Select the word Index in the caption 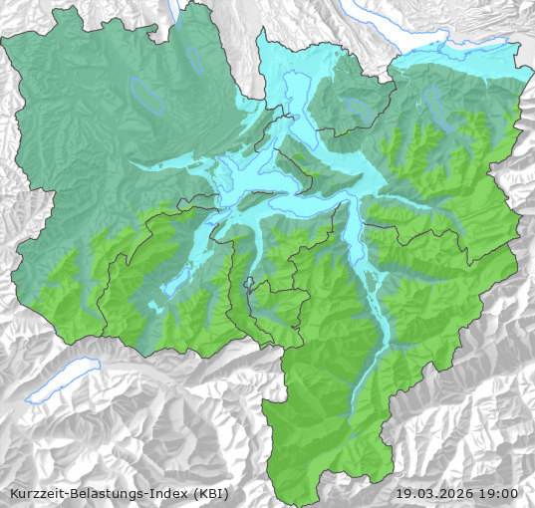(170, 493)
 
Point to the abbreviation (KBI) (210, 493)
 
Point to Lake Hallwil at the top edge (176, 10)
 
